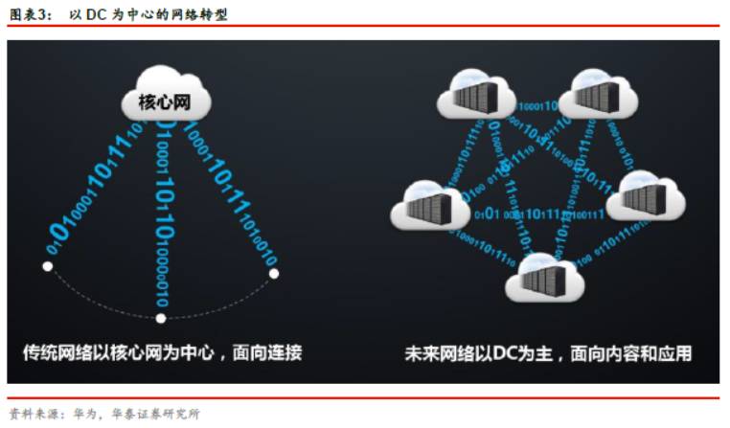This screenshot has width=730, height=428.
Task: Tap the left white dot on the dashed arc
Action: [48, 266]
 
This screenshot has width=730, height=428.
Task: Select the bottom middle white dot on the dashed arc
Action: [161, 318]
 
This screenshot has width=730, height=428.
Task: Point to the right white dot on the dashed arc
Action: [274, 274]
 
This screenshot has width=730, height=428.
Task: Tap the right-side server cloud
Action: [647, 196]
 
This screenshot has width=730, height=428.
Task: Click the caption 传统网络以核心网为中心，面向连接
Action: [162, 353]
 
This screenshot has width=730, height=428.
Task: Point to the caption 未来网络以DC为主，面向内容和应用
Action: [548, 354]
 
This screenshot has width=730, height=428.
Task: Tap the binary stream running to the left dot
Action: [96, 187]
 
